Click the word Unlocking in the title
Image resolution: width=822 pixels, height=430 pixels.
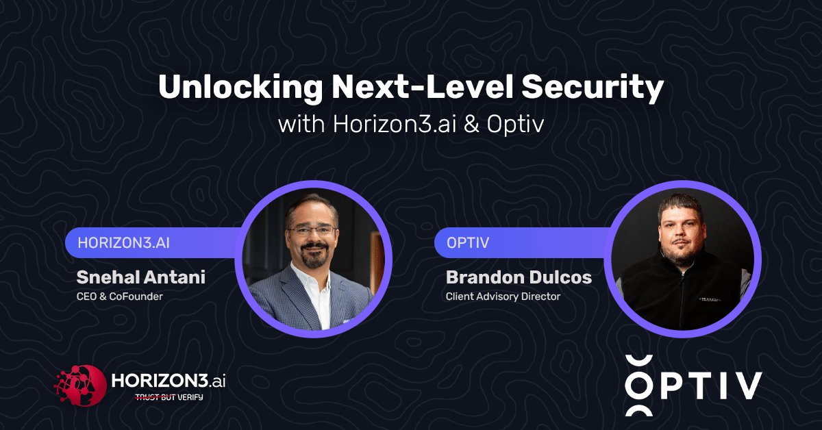pos(240,88)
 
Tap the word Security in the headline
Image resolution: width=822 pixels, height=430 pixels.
pos(593,88)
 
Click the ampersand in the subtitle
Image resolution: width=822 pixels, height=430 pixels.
pos(471,125)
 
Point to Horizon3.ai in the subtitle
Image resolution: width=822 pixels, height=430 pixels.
pos(395,125)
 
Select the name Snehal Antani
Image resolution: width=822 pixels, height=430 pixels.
pos(141,277)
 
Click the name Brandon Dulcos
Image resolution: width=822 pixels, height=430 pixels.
pos(519,277)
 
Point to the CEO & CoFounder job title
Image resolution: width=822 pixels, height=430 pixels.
pos(120,296)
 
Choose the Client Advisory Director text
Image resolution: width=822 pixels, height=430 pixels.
pos(503,296)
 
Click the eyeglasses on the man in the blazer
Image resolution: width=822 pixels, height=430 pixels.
pos(311,231)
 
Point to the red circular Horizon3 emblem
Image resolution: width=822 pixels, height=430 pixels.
pos(80,385)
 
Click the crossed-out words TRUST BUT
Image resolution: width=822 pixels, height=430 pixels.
pos(155,397)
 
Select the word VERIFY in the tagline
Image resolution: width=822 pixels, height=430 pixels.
pos(190,397)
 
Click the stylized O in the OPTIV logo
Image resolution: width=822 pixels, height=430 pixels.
pos(639,385)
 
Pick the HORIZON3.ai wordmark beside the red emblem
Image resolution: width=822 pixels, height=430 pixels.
pos(168,381)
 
